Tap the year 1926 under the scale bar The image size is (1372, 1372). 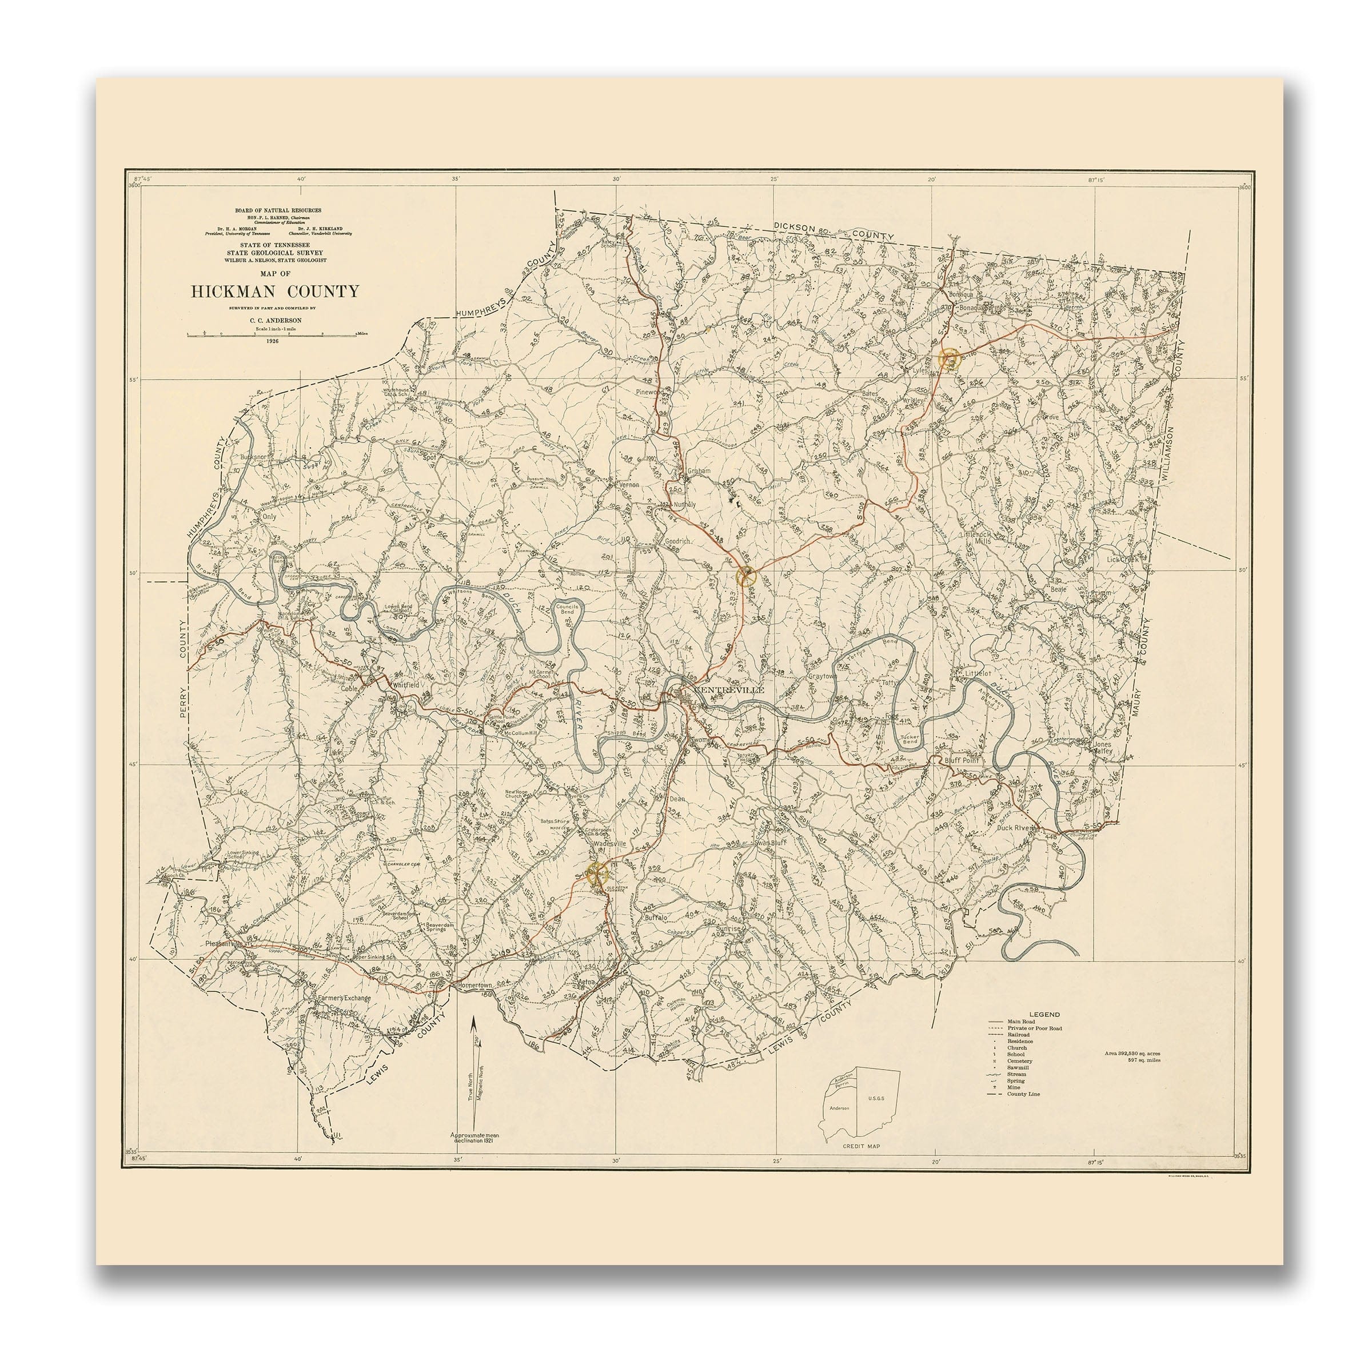(273, 342)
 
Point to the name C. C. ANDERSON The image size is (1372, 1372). (275, 320)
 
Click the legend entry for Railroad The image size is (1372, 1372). (1018, 1035)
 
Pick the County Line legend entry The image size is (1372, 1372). (1023, 1094)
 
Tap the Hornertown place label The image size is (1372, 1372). (475, 987)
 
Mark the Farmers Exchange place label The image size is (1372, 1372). (344, 998)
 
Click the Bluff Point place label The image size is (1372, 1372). (962, 760)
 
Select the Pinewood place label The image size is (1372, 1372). (651, 391)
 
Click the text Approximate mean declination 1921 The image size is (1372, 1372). (474, 1138)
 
